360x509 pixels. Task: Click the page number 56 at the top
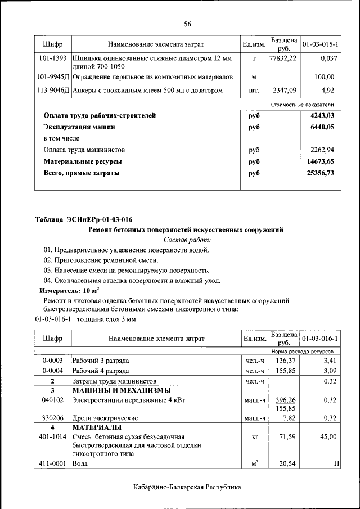(x=187, y=24)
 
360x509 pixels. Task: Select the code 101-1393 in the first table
(x=52, y=58)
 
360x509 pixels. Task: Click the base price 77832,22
(x=282, y=58)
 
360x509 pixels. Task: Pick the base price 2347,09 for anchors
(x=285, y=90)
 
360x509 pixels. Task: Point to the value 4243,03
(x=322, y=115)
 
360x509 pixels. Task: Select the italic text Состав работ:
(x=187, y=240)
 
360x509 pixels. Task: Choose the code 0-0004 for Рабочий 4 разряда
(x=52, y=371)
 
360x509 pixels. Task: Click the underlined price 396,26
(x=285, y=400)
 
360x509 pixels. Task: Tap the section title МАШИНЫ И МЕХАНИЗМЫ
(x=121, y=390)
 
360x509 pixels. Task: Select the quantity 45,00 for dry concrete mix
(x=328, y=436)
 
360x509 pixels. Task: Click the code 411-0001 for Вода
(x=52, y=464)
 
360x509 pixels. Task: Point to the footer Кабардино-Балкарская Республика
(x=187, y=487)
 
